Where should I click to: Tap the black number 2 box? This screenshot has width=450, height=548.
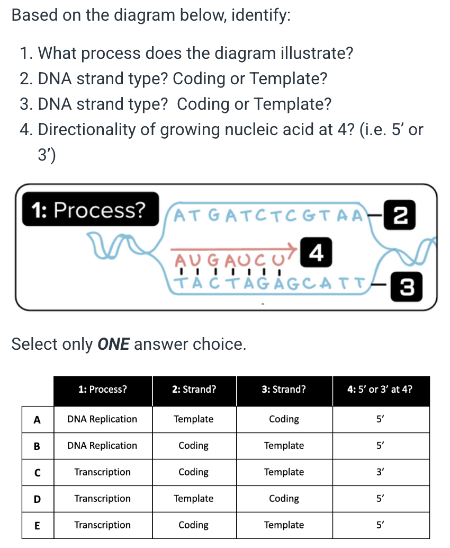[x=401, y=214]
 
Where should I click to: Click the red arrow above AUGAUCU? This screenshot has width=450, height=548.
[x=233, y=248]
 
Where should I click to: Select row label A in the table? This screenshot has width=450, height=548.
[x=37, y=419]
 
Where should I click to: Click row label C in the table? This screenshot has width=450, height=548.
[x=37, y=472]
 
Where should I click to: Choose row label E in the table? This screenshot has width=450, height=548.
[x=37, y=525]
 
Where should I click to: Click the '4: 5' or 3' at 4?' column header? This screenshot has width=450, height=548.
[x=380, y=390]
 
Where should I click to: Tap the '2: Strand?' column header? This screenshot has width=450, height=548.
[x=194, y=390]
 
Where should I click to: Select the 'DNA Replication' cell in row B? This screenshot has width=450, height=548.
[x=102, y=446]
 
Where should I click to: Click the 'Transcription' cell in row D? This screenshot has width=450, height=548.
[x=102, y=499]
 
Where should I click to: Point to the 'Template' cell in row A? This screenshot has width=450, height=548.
[x=194, y=419]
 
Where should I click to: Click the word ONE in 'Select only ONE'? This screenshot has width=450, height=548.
[x=114, y=344]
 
